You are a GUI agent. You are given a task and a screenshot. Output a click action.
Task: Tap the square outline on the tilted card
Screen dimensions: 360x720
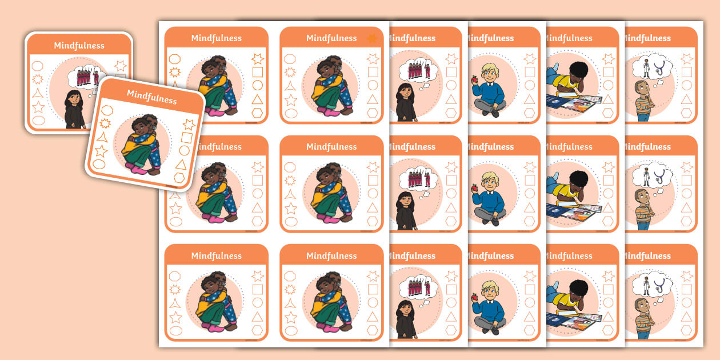186,138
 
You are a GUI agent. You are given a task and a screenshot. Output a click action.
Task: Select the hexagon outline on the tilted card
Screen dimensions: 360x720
179,177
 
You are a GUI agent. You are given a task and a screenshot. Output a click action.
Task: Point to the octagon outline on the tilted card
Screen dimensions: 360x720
107,110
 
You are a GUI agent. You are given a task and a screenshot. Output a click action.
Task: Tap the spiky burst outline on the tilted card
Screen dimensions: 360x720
105,123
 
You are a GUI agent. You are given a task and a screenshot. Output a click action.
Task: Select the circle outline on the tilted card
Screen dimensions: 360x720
184,151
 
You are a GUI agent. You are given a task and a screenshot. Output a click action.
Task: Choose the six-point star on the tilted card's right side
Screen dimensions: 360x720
189,125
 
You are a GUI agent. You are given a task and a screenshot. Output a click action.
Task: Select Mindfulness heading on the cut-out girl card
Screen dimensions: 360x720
79,46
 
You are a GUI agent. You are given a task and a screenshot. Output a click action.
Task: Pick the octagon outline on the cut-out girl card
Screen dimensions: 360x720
38,66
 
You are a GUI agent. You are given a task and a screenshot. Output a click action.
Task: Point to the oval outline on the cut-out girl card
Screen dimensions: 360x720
38,120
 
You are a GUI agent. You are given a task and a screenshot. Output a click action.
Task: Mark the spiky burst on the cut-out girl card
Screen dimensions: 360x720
38,79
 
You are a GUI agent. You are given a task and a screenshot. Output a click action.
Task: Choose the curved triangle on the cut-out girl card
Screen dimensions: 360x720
38,93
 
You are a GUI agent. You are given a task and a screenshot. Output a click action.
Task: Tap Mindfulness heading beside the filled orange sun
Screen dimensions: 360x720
331,38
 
